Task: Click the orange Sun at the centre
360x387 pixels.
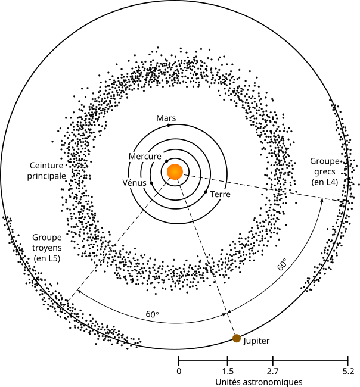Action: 175,171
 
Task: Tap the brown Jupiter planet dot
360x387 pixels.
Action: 237,338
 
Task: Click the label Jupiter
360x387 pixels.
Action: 257,341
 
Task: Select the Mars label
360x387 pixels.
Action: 166,118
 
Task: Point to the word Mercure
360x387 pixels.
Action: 145,156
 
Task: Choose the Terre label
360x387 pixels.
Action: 220,194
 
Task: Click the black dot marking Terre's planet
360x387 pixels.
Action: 206,192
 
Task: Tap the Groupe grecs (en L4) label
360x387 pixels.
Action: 324,171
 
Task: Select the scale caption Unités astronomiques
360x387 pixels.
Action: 259,380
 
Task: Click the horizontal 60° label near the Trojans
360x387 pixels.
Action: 153,313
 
